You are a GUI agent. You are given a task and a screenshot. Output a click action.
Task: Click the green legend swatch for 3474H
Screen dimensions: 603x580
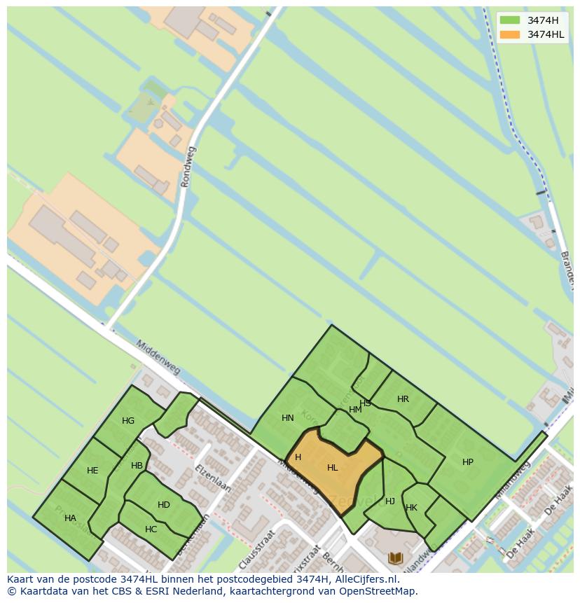[x=510, y=20]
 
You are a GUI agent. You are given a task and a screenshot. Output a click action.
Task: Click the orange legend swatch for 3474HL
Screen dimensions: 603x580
[x=510, y=34]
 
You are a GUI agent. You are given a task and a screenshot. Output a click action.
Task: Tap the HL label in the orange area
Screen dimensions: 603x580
[x=333, y=468]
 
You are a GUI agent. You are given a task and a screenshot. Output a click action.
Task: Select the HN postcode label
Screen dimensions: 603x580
[x=288, y=418]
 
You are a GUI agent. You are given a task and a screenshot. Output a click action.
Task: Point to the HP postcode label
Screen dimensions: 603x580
[x=468, y=462]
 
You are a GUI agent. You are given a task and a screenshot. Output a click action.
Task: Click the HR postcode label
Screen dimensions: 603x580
[x=403, y=399]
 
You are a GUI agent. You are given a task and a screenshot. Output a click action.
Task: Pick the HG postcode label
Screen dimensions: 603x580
[x=128, y=421]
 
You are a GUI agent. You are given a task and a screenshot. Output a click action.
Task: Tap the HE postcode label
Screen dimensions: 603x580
[x=92, y=471]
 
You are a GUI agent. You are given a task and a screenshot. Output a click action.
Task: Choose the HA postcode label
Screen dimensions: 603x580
[x=70, y=518]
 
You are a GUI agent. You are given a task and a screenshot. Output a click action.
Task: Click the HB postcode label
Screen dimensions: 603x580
[x=137, y=466]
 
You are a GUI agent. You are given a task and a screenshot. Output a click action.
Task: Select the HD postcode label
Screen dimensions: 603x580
[x=164, y=505]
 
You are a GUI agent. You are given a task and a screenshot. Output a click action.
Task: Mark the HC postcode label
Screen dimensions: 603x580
[x=151, y=529]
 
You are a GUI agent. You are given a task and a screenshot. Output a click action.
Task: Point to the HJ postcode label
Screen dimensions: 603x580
[x=390, y=501]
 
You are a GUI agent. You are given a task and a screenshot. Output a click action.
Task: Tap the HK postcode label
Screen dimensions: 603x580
[x=411, y=508]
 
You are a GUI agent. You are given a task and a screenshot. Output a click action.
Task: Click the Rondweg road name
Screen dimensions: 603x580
[x=188, y=167]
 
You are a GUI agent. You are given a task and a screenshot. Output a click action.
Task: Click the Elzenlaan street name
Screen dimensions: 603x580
[x=213, y=478]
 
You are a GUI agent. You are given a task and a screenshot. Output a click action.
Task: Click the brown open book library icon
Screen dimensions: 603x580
[x=396, y=557]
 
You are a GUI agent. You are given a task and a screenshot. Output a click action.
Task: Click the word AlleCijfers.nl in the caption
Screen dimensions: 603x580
[x=366, y=580]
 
